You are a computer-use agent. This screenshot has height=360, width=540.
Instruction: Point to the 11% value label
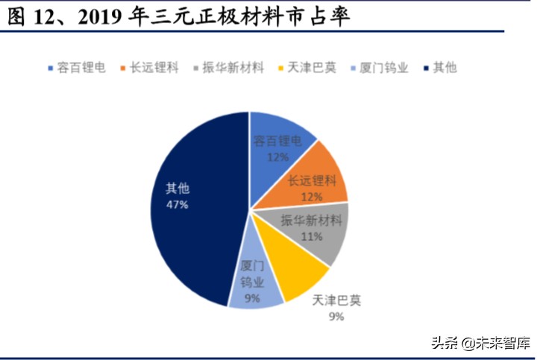(312, 237)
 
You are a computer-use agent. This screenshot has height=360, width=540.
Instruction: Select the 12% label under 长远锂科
(312, 197)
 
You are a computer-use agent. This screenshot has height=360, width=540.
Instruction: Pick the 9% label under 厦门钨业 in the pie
(252, 300)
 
